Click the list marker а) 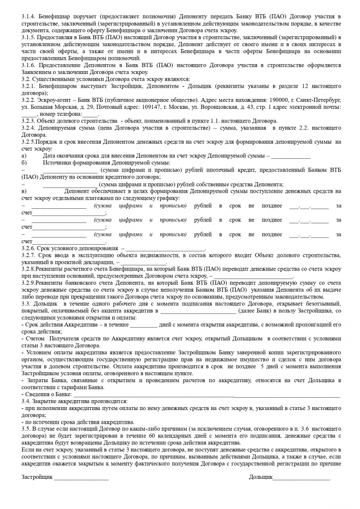pos(24,156)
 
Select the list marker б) pos(24,163)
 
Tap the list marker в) pos(24,191)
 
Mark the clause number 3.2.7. pos(29,255)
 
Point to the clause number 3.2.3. pos(29,121)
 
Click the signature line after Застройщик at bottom pos(81,478)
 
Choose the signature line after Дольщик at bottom pos(302,478)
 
